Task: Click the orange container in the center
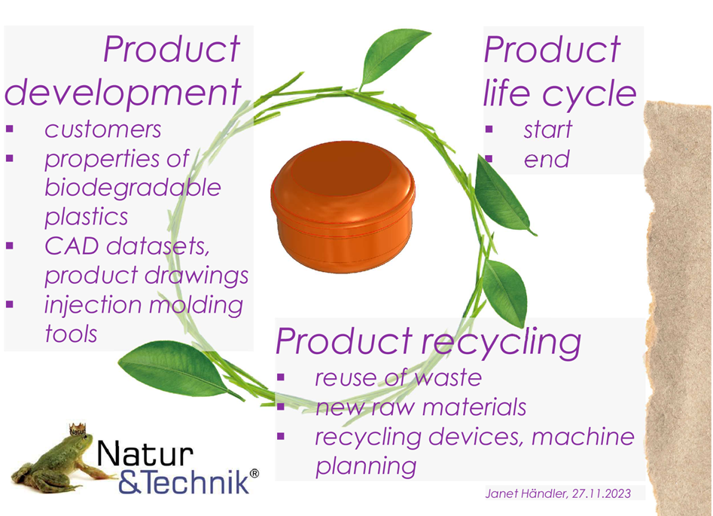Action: [343, 207]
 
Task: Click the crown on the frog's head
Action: [78, 429]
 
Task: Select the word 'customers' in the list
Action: [102, 130]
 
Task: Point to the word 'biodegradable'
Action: [133, 188]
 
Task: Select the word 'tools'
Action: [71, 334]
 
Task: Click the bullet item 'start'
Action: [547, 130]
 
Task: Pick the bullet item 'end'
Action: [547, 159]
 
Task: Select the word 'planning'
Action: [366, 466]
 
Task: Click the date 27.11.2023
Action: [602, 493]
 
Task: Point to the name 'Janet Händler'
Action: [526, 493]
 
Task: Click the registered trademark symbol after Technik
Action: [254, 474]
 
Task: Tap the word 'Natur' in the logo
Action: [145, 453]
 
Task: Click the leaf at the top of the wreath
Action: [393, 57]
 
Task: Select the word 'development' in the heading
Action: [123, 93]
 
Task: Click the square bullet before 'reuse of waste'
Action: [281, 377]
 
